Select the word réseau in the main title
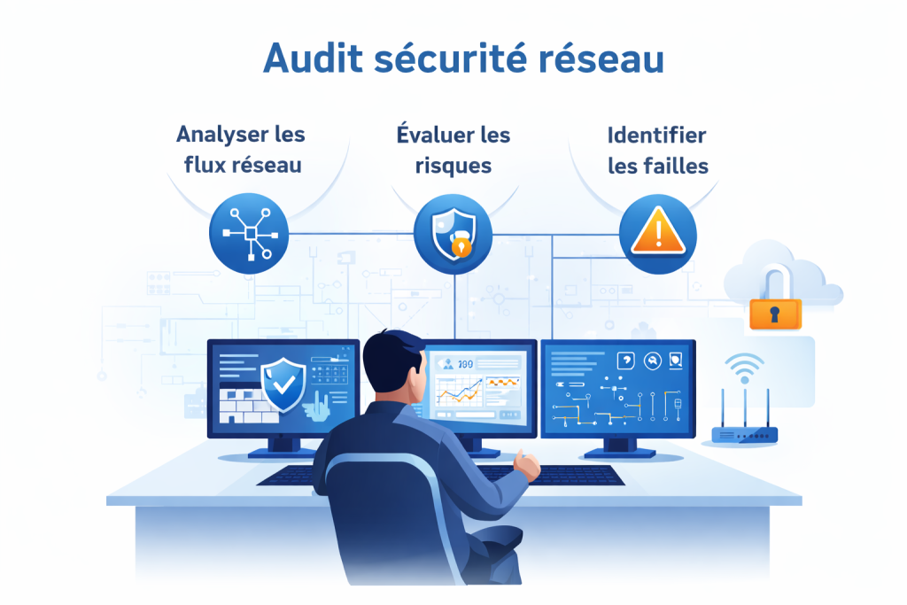coord(601,58)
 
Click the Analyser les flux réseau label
coord(241,149)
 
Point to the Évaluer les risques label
coord(453,149)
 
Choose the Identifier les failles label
coord(656,149)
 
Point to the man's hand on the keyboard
coord(528,465)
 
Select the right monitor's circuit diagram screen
coord(617,389)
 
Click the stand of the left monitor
coord(271,448)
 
